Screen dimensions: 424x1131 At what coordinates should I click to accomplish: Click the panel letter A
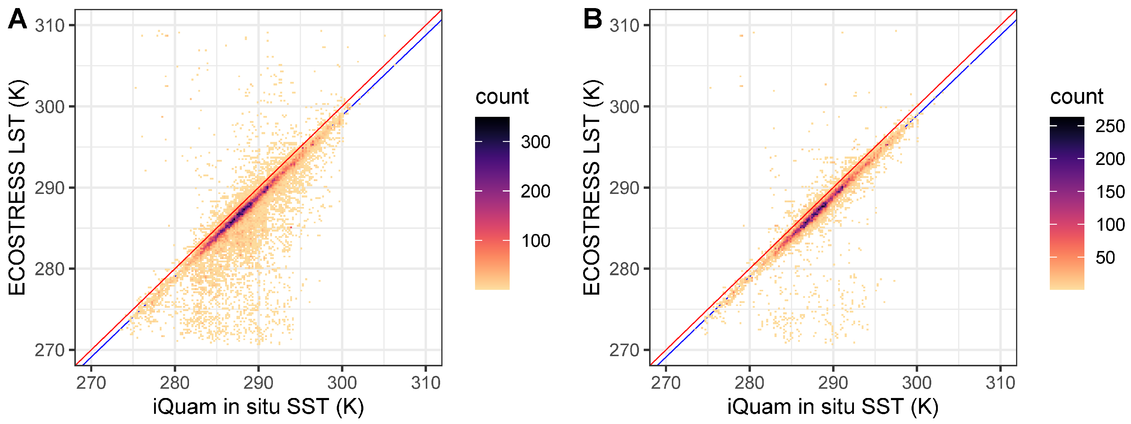[18, 19]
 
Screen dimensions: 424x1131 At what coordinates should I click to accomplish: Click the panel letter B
[592, 19]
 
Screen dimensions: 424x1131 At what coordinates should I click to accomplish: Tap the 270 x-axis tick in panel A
[91, 383]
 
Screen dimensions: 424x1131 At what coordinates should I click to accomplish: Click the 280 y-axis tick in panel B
[624, 269]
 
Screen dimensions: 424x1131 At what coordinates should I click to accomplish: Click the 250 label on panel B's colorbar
[1110, 126]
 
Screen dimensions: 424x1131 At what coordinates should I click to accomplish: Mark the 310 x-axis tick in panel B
[1000, 383]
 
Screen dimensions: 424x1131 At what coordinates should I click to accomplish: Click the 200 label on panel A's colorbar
[535, 192]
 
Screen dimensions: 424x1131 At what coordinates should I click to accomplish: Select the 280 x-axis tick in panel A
[174, 383]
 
